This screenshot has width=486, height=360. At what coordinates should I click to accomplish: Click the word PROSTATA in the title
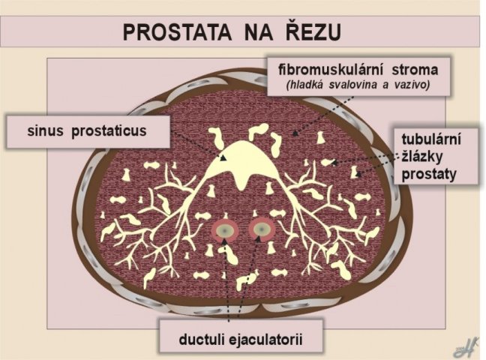pyautogui.click(x=177, y=32)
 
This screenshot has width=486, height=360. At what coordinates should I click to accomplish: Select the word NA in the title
pyautogui.click(x=259, y=32)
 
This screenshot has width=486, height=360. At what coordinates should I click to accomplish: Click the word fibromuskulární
pyautogui.click(x=331, y=70)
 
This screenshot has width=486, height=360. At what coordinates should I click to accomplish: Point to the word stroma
pyautogui.click(x=415, y=70)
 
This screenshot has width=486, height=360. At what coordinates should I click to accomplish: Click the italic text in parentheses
pyautogui.click(x=358, y=85)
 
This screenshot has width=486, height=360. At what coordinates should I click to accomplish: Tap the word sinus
pyautogui.click(x=45, y=130)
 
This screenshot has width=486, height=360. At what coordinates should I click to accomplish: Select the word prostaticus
pyautogui.click(x=109, y=131)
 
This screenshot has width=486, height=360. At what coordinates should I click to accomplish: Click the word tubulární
pyautogui.click(x=431, y=139)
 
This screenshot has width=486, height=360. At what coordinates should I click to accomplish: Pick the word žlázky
pyautogui.click(x=421, y=157)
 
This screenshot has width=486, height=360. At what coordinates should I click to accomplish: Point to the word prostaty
pyautogui.click(x=429, y=175)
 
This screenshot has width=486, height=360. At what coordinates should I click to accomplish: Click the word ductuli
pyautogui.click(x=201, y=340)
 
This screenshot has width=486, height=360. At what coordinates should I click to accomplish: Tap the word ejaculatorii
pyautogui.click(x=265, y=340)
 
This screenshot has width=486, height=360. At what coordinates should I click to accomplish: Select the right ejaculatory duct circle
pyautogui.click(x=262, y=229)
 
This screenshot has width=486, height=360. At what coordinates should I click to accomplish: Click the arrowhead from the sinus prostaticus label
pyautogui.click(x=223, y=157)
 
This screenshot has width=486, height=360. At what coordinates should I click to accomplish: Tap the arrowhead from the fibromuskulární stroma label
pyautogui.click(x=295, y=133)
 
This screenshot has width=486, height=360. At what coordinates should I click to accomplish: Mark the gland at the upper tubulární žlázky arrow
pyautogui.click(x=328, y=162)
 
